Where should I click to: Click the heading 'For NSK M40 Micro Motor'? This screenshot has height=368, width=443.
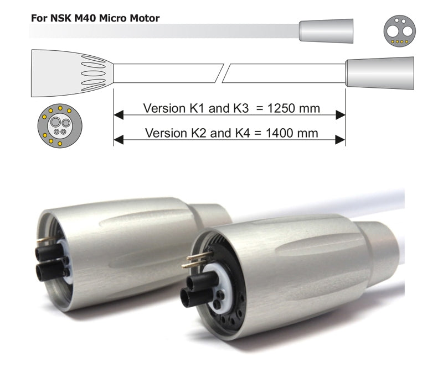[95, 18]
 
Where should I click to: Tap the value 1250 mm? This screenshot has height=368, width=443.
[293, 108]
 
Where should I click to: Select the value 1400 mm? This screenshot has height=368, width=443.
[292, 133]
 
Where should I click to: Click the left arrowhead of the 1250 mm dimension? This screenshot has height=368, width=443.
[119, 115]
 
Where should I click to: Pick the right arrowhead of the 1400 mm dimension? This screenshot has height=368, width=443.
[340, 140]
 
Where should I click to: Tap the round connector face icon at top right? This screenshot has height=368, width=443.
[399, 31]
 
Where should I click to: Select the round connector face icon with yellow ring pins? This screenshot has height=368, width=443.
[60, 126]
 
